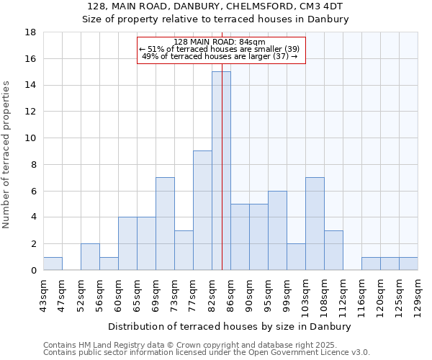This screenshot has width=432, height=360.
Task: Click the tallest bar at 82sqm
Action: [221, 171]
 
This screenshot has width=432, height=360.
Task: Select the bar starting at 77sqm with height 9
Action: [202, 210]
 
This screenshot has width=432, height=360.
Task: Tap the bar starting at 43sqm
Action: [53, 264]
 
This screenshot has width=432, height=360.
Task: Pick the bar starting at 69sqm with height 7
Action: [165, 223]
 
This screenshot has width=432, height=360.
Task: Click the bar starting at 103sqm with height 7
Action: [315, 223]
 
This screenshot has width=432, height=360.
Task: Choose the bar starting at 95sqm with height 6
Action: [277, 230]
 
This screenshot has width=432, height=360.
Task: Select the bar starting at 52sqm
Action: [90, 257]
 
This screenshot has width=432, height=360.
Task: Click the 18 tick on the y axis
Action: [31, 32]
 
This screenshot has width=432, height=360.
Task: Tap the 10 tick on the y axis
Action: [31, 138]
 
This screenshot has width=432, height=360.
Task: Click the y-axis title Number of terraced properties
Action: [7, 155]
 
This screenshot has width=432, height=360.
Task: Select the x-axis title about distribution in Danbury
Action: [230, 327]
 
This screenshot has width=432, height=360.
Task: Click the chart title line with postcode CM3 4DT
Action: [215, 6]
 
